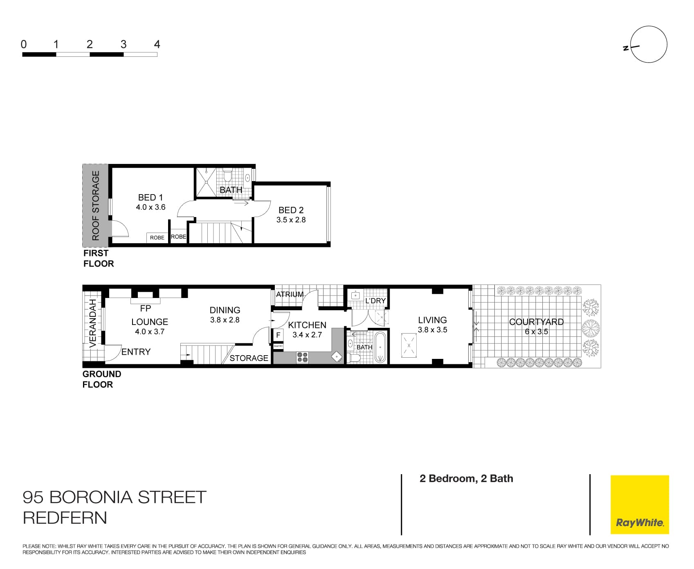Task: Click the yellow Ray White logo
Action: pos(640,504)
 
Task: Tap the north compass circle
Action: pos(649,45)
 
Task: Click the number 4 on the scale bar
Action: pos(157,44)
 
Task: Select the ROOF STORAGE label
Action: pos(96,206)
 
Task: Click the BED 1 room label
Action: pos(150,197)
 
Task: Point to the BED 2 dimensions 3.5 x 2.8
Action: pos(291,220)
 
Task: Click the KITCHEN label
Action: pos(307,325)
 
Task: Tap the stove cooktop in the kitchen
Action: pos(302,357)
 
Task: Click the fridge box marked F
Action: pos(278,335)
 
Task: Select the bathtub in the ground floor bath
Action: pos(380,347)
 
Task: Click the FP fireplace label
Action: pos(146,308)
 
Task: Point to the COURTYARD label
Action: pos(536,322)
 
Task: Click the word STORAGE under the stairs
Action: pos(249,358)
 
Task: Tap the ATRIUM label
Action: pos(290,294)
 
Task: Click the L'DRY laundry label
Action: pos(375,301)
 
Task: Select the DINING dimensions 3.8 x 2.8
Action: pos(225,320)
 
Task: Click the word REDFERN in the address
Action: pos(65,518)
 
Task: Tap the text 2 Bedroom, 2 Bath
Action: pos(466,479)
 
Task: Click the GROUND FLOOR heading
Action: pos(101,379)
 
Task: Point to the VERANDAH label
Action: pos(93,323)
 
